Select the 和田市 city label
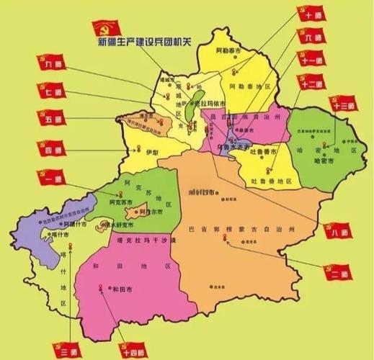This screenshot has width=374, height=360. pyautogui.click(x=115, y=289)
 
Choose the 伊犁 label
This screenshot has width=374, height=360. pyautogui.click(x=150, y=153)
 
